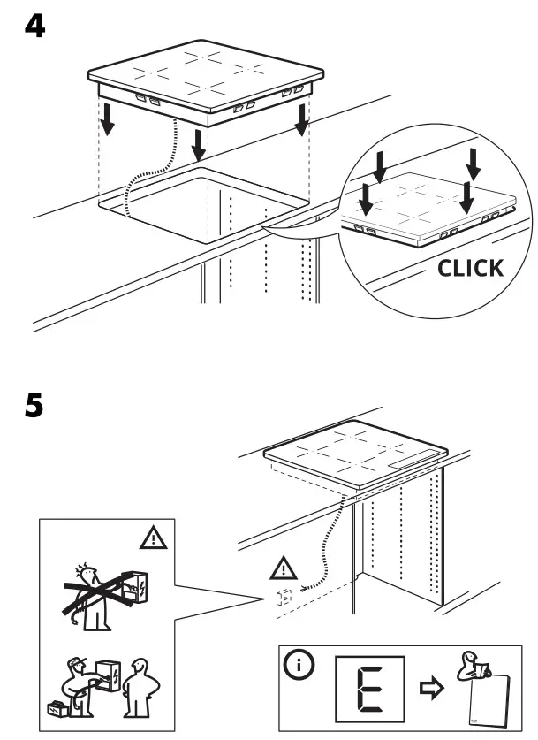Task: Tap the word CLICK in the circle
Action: pyautogui.click(x=472, y=268)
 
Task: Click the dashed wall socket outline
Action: pyautogui.click(x=284, y=598)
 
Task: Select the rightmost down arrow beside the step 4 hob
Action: pyautogui.click(x=303, y=119)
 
